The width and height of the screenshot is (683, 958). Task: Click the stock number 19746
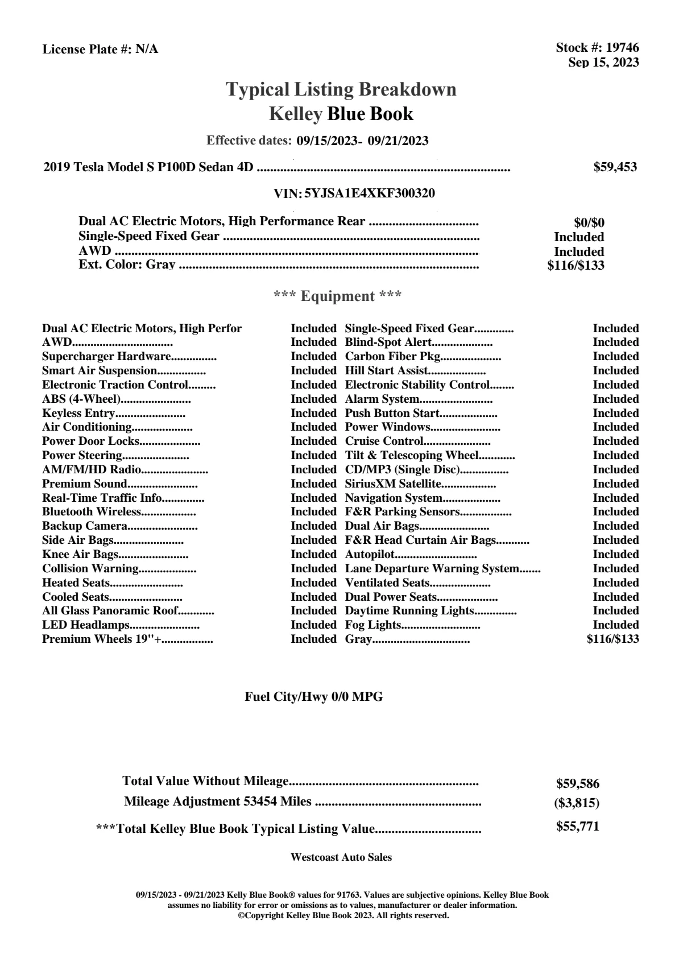pyautogui.click(x=622, y=48)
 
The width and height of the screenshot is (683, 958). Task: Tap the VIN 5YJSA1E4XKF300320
pyautogui.click(x=370, y=193)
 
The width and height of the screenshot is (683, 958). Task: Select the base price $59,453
pyautogui.click(x=615, y=167)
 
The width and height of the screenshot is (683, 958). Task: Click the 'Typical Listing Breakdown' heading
pyautogui.click(x=341, y=89)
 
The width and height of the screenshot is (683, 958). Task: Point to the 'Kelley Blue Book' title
pyautogui.click(x=341, y=114)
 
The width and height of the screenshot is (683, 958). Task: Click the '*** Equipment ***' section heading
pyautogui.click(x=338, y=296)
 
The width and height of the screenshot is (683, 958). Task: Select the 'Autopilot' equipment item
pyautogui.click(x=370, y=555)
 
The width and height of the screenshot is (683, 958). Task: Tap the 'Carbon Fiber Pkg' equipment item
pyautogui.click(x=393, y=357)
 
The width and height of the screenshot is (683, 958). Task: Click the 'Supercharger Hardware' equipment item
pyautogui.click(x=106, y=357)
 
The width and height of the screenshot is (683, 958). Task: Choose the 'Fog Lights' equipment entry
pyautogui.click(x=373, y=625)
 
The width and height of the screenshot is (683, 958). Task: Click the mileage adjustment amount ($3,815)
pyautogui.click(x=577, y=803)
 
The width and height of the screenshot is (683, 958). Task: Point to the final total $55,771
pyautogui.click(x=578, y=827)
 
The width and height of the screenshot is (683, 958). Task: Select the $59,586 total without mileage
pyautogui.click(x=578, y=783)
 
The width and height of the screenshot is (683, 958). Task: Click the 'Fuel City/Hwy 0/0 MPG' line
pyautogui.click(x=314, y=697)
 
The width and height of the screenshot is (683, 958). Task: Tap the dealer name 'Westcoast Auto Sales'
pyautogui.click(x=341, y=857)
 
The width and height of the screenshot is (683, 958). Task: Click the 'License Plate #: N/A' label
pyautogui.click(x=101, y=49)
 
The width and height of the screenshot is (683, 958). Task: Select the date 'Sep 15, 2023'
pyautogui.click(x=603, y=62)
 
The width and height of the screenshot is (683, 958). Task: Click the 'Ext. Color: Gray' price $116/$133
pyautogui.click(x=576, y=265)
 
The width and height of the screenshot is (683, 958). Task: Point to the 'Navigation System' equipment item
pyautogui.click(x=394, y=498)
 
